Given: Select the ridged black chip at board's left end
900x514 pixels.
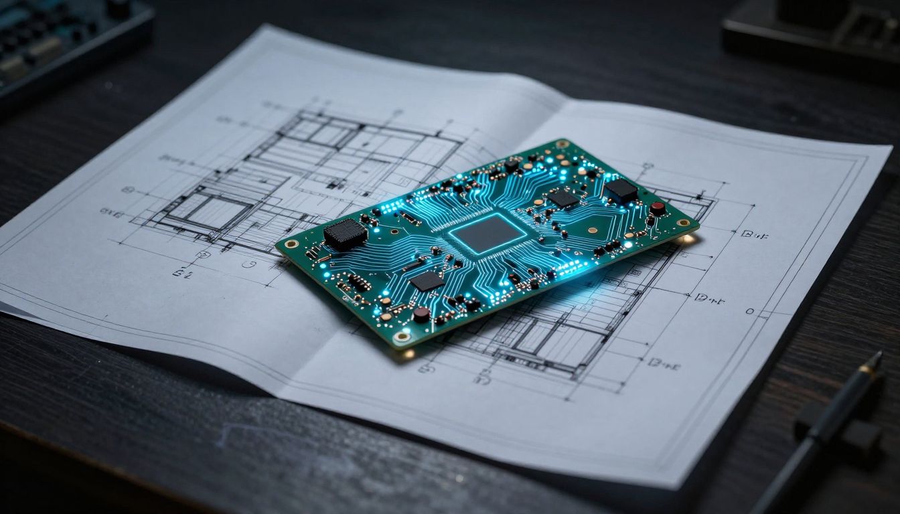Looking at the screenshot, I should pos(346,234).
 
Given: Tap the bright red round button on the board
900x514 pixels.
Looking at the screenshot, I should pos(658,208).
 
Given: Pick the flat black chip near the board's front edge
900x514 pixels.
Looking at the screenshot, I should pos(426,280).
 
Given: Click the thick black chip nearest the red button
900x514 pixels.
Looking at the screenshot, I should pos(621,191).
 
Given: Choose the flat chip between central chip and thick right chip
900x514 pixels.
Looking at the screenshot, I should pos(563,198).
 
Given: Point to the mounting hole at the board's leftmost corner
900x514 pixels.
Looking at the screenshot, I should pos(291,244).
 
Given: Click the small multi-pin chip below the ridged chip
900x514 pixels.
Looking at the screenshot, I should pos(359,283).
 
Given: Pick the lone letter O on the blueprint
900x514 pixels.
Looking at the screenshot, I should pos(749,311).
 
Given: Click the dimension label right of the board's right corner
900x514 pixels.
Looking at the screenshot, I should pos(753,234).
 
